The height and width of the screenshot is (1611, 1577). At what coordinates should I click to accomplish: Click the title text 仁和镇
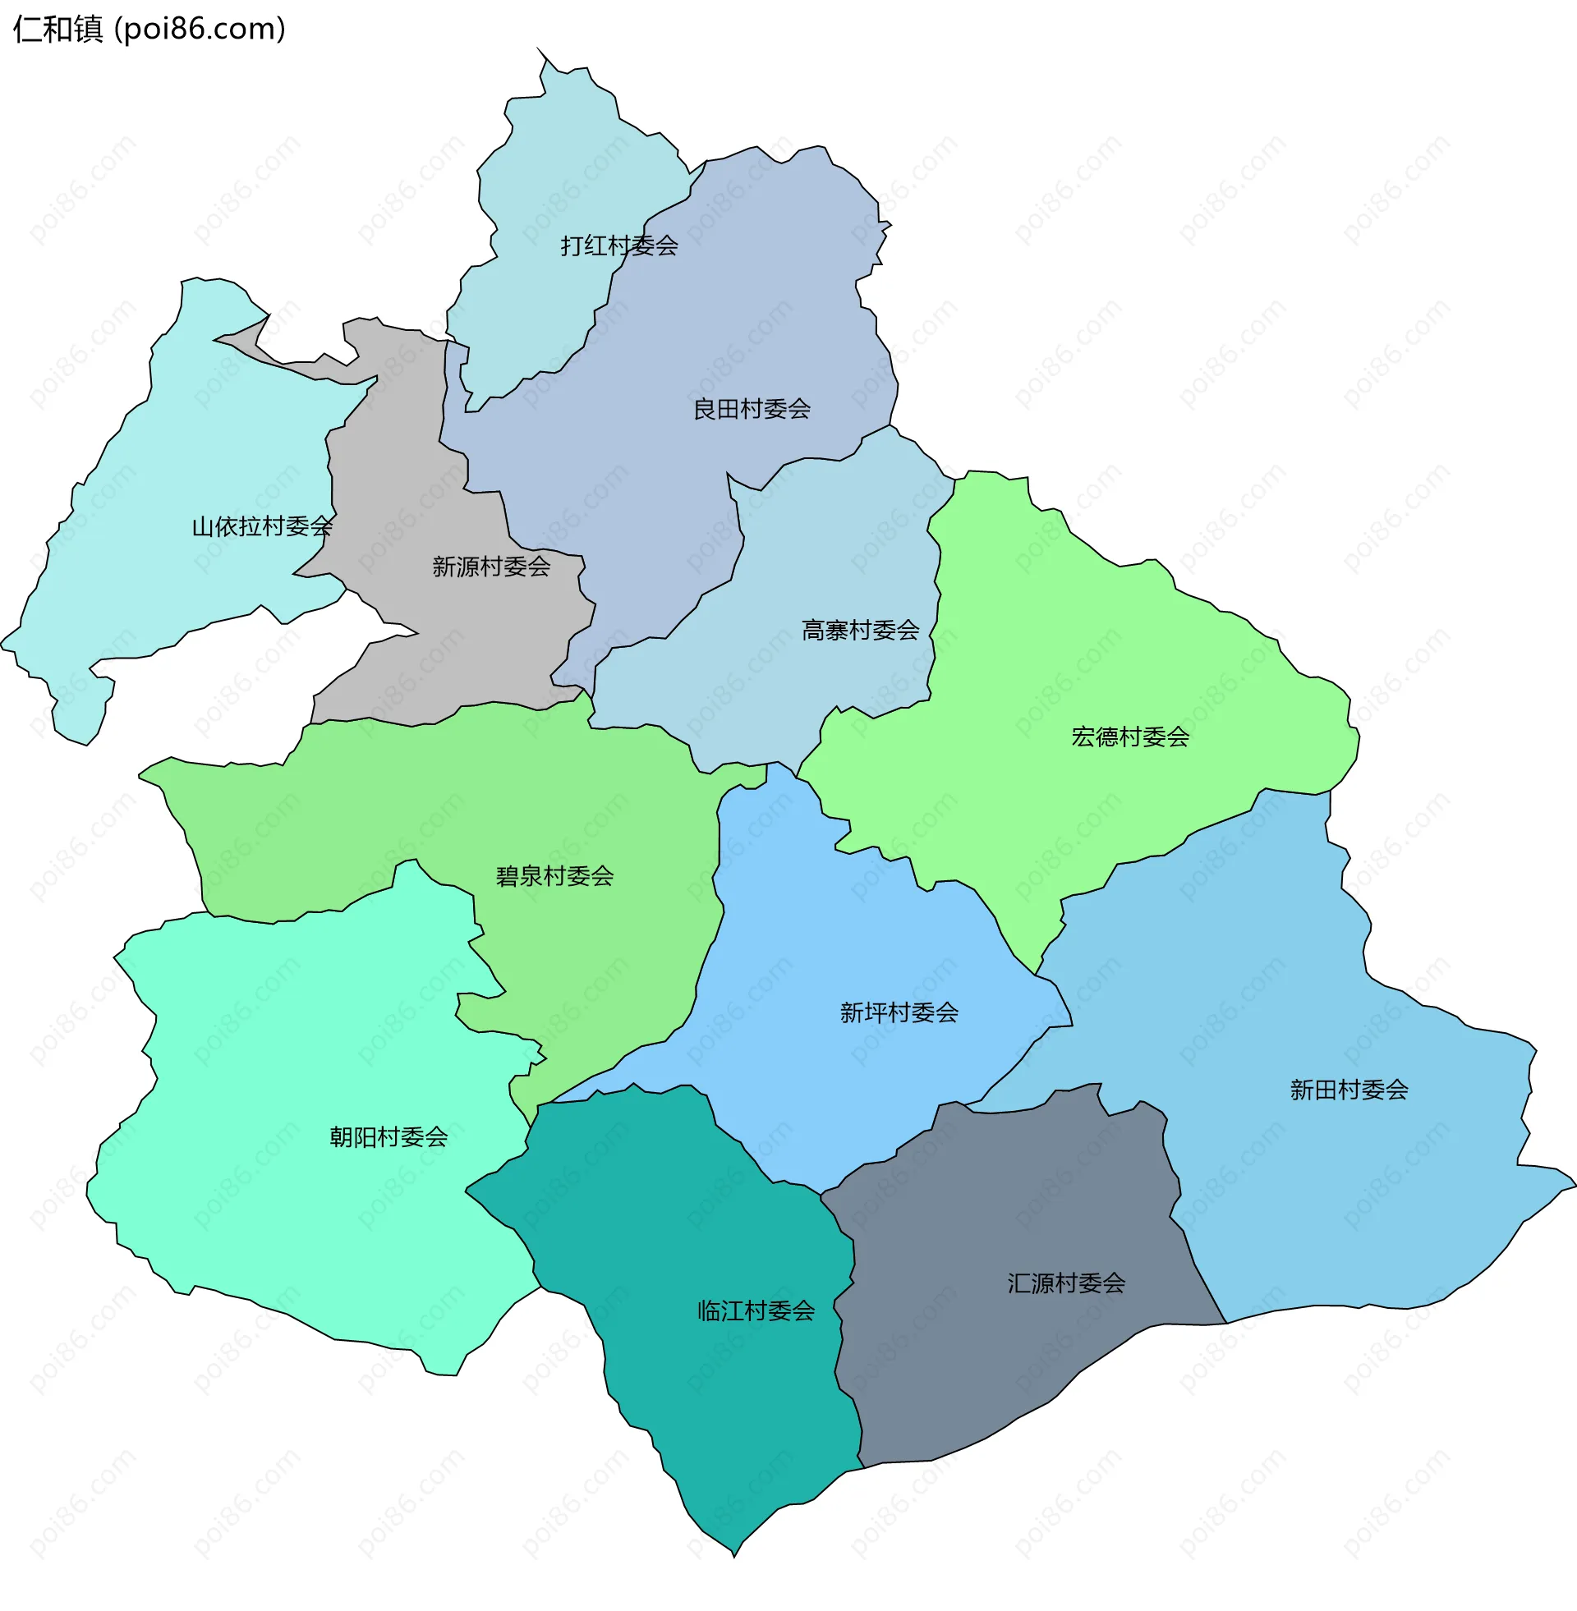58,30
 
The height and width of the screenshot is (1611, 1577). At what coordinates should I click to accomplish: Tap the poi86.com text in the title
200,30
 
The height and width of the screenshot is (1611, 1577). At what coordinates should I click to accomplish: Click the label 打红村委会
618,246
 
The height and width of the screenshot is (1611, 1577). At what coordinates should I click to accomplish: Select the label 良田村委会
752,409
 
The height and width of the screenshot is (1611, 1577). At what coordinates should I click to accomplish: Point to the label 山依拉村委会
262,526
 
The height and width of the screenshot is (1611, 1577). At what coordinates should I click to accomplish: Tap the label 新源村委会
491,567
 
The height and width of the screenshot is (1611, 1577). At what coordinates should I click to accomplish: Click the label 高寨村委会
860,631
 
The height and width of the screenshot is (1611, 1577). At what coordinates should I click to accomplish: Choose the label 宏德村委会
1129,737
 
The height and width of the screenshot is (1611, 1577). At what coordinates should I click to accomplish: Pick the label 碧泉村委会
554,876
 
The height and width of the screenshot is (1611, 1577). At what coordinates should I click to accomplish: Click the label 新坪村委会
899,1012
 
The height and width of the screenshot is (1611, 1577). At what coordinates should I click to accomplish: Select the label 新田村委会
1349,1090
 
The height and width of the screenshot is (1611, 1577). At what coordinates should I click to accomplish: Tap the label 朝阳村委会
389,1136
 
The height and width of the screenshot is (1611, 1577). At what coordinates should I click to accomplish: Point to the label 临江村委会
756,1310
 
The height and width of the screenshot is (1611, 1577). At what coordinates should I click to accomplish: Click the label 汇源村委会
1066,1283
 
